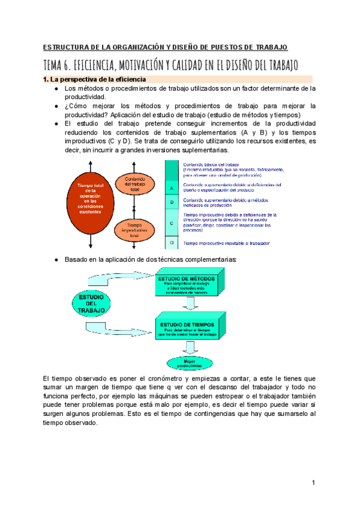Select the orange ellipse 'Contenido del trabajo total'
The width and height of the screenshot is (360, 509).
[135, 184]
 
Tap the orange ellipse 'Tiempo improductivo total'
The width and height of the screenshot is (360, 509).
[135, 229]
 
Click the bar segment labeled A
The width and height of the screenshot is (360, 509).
[172, 188]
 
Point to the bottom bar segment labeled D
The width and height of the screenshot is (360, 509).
[172, 242]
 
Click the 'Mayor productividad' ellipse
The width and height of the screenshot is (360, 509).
[190, 363]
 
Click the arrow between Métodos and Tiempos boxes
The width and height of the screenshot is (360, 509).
[190, 305]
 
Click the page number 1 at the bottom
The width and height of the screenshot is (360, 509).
[313, 483]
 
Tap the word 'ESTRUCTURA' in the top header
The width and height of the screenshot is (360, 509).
[67, 47]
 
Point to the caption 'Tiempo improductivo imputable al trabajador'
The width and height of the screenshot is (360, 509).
[227, 243]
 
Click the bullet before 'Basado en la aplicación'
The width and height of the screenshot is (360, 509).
[56, 259]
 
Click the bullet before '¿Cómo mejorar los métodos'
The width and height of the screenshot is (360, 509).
[56, 106]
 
